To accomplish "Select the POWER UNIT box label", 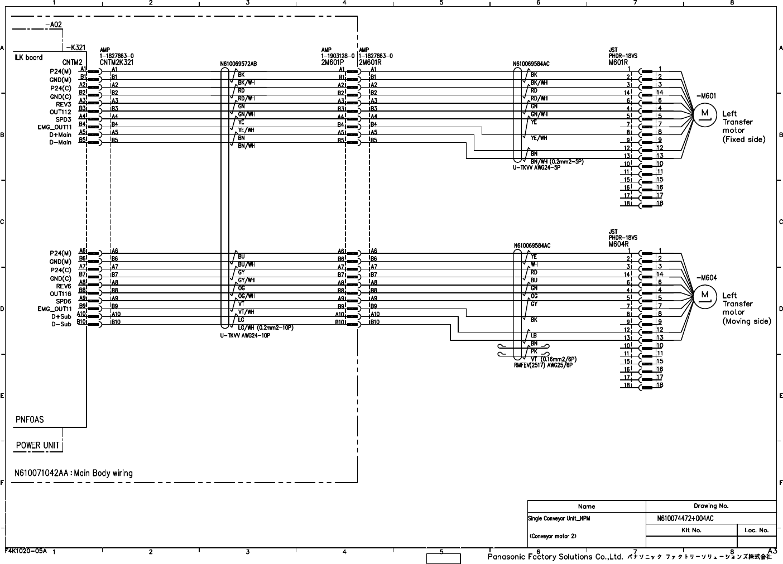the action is click(37, 445).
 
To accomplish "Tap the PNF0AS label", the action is click(30, 420).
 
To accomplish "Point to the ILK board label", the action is click(28, 57).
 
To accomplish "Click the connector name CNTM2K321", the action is click(117, 62).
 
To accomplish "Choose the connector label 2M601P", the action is click(332, 62).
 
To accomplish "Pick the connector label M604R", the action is click(619, 244).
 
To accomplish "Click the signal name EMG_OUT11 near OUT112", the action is click(55, 127).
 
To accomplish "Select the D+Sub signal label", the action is click(61, 317).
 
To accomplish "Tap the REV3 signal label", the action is click(64, 104).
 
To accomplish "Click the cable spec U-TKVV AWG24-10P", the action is click(245, 336).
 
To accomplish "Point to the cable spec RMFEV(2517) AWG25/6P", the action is click(543, 365).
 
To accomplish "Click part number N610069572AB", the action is click(239, 64).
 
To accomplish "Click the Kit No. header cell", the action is click(691, 530).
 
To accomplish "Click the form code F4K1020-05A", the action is click(26, 550).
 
